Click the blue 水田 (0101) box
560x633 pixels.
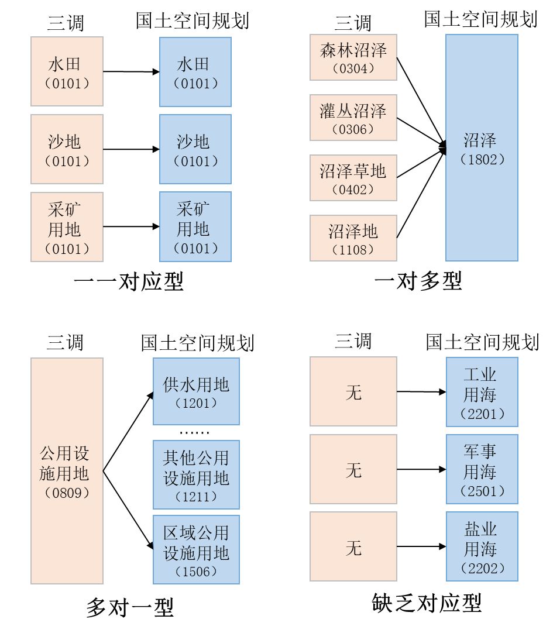195,72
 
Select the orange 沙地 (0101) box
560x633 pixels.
67,149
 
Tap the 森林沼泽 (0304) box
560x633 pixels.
353,57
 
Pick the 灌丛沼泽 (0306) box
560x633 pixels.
353,118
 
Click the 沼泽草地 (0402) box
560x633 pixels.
353,178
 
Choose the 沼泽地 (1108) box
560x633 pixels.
353,238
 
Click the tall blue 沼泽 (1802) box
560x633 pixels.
482,148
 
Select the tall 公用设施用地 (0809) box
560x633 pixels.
67,471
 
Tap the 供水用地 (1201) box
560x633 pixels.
196,391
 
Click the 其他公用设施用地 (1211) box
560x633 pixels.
196,475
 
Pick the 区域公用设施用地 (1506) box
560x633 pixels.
196,549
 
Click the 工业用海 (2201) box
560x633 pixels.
482,391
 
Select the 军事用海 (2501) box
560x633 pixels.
482,469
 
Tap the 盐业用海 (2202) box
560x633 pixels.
482,546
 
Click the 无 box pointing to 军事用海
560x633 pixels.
353,469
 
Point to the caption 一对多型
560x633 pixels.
418,281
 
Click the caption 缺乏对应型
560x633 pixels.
427,603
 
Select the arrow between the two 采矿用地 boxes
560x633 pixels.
131,226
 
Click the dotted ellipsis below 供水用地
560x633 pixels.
194,433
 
